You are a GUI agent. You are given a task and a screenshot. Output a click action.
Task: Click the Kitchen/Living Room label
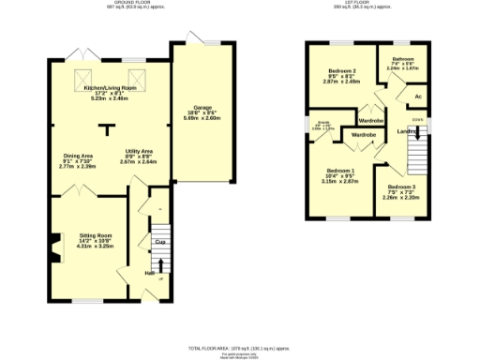111,87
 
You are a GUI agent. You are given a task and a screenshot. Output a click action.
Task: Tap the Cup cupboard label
160,242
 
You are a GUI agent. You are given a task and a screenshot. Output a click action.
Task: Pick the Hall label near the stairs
149,273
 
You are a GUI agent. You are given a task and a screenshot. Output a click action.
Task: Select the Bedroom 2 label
342,71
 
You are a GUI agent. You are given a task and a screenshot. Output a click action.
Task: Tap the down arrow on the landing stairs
417,119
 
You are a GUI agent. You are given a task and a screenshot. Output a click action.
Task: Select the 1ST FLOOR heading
367,4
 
